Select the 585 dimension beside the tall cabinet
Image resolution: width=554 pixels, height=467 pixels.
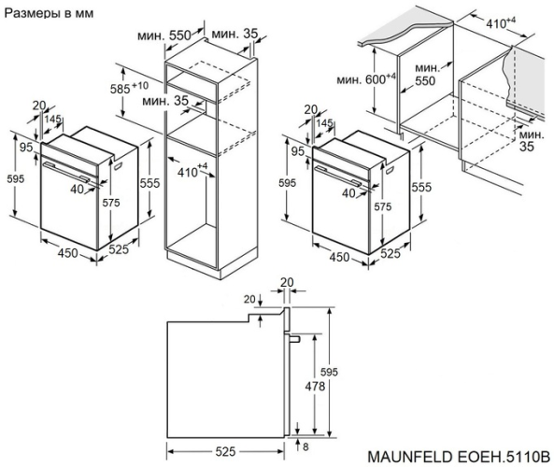pyautogui.click(x=139, y=87)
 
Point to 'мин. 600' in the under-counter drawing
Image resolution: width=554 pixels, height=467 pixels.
pyautogui.click(x=363, y=78)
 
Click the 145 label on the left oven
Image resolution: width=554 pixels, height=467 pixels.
pyautogui.click(x=53, y=120)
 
